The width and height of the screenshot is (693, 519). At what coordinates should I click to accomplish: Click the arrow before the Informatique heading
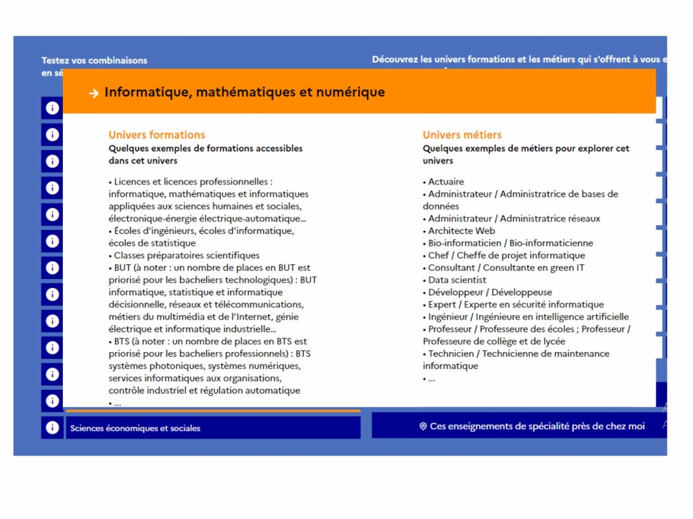click(93, 93)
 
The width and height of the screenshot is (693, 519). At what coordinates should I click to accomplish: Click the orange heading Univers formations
click(156, 135)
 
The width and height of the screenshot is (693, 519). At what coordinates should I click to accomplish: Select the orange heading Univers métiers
click(462, 135)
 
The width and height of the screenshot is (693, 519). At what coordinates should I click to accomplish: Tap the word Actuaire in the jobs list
click(446, 182)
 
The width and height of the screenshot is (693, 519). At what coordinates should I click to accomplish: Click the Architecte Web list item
click(462, 231)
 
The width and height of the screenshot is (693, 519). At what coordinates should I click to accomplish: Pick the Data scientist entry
click(457, 280)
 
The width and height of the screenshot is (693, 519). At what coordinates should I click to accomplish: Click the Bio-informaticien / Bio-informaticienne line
click(510, 243)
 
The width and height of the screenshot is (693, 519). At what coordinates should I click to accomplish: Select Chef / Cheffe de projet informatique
click(506, 255)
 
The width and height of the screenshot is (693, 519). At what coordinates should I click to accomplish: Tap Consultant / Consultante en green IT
click(506, 268)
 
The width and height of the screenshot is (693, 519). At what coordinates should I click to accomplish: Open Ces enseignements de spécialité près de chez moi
click(537, 426)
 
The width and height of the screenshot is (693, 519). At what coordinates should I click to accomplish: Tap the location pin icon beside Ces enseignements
click(423, 426)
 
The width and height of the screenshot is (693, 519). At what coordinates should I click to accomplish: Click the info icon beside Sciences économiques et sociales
click(52, 428)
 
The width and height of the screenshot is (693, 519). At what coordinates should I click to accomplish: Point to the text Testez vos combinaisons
click(94, 61)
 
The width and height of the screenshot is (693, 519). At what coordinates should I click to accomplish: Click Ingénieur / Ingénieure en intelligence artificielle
click(528, 317)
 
